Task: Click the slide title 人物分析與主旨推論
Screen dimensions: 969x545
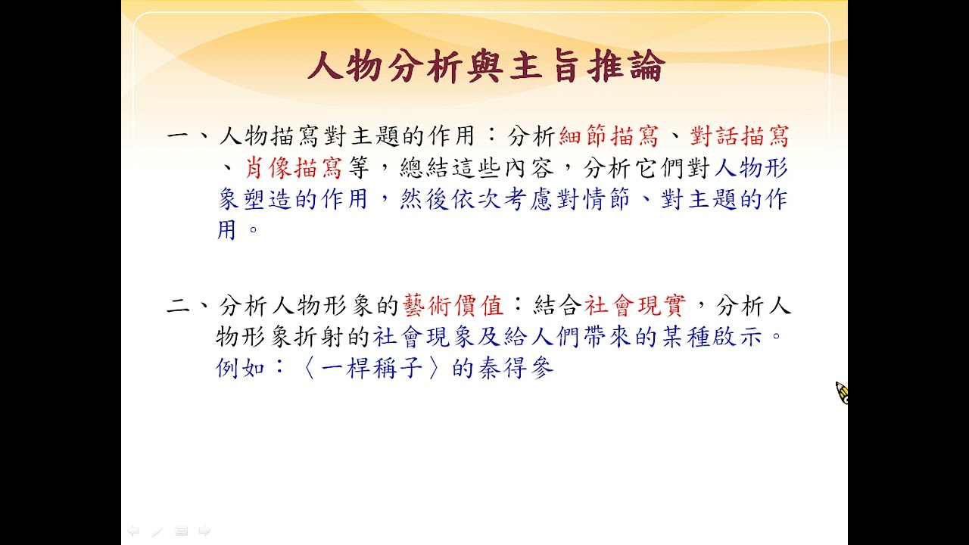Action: [x=486, y=66]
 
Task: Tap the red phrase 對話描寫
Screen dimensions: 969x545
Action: [x=740, y=136]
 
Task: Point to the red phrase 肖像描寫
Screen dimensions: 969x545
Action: [x=293, y=168]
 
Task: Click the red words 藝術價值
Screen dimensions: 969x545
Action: [x=453, y=305]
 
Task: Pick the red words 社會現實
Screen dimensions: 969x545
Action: [x=635, y=305]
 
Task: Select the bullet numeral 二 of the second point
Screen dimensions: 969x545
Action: [x=178, y=306]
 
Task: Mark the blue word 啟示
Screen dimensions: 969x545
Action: [x=737, y=337]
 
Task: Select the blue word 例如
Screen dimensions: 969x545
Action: [x=240, y=368]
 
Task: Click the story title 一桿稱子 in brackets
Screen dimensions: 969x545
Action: [x=372, y=368]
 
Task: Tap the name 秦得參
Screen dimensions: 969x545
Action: [x=516, y=368]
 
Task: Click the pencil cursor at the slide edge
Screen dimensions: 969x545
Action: [x=842, y=393]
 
